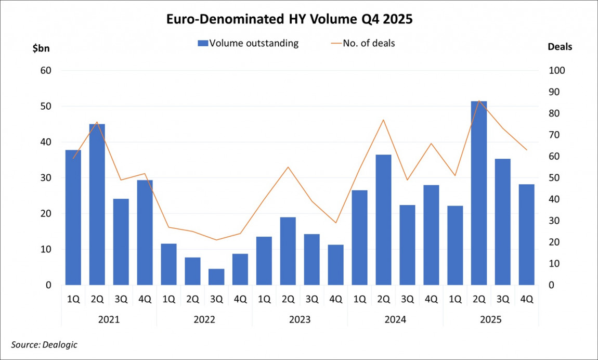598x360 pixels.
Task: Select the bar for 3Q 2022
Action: (216, 277)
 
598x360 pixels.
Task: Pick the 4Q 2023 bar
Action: (335, 265)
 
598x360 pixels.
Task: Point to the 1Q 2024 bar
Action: (359, 238)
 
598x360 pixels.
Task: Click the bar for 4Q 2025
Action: (526, 235)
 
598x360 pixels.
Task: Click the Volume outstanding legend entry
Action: (248, 43)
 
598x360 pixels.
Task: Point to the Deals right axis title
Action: (560, 47)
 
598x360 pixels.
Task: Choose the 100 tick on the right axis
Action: (557, 71)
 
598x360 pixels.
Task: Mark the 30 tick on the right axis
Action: (554, 221)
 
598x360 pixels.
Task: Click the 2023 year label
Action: (300, 319)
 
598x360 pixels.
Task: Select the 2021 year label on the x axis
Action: (109, 319)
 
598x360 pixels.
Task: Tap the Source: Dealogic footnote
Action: (44, 344)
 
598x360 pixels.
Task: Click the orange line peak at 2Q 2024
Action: (383, 120)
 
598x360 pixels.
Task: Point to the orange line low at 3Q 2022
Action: (216, 240)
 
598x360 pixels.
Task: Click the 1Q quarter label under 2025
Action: (455, 299)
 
